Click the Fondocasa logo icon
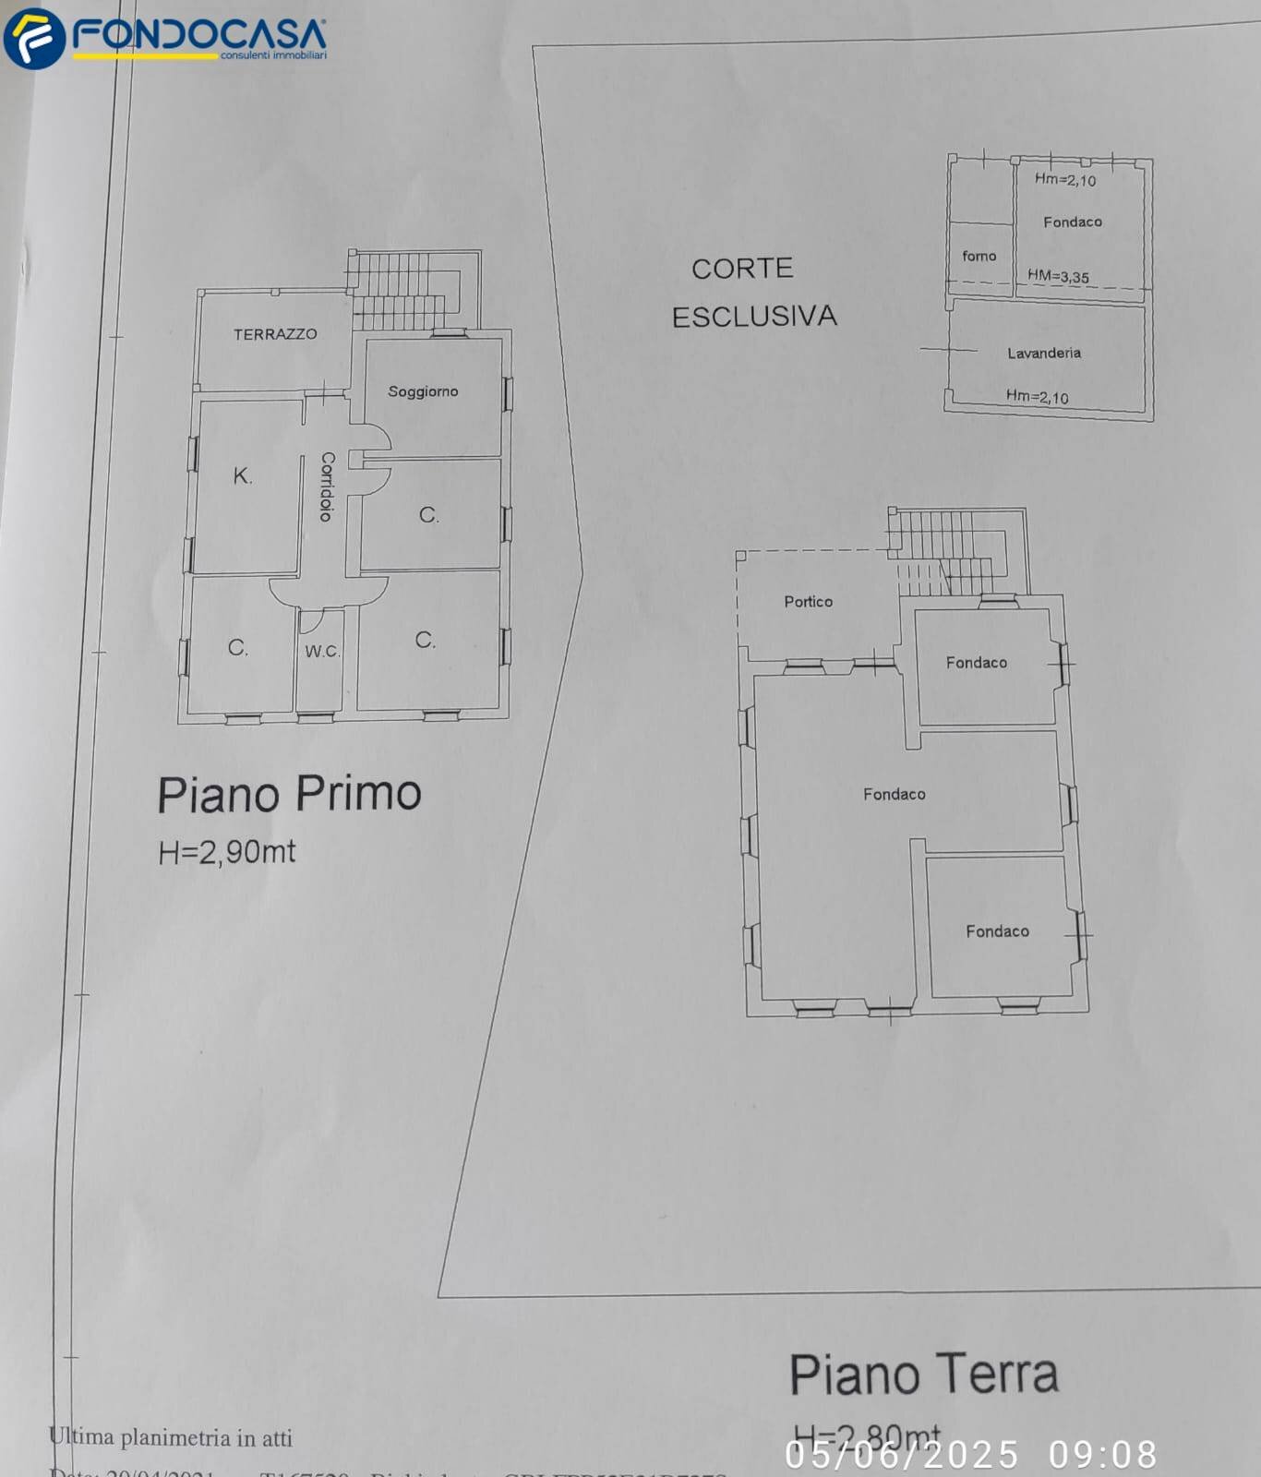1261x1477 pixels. (x=34, y=38)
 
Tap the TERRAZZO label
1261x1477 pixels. (x=275, y=334)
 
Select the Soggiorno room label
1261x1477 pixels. (x=423, y=391)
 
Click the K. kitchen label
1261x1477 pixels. (x=242, y=476)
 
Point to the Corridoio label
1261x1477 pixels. (x=327, y=486)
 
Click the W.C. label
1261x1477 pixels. (x=322, y=651)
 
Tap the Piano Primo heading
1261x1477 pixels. (x=289, y=794)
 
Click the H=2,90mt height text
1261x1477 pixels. (x=227, y=851)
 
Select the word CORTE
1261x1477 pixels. (x=742, y=269)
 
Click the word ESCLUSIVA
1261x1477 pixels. (x=754, y=317)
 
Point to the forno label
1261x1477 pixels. (x=979, y=256)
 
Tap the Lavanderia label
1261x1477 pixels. (x=1044, y=353)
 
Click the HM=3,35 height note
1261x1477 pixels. (x=1058, y=276)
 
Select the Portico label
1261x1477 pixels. (x=808, y=602)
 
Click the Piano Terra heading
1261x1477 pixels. (x=923, y=1375)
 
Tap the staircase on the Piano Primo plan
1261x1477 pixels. (x=406, y=290)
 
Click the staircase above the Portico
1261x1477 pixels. (x=946, y=550)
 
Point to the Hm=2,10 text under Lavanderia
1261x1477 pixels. (x=1037, y=397)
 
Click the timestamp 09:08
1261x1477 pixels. (x=1102, y=1455)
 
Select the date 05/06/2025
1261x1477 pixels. (x=902, y=1455)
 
